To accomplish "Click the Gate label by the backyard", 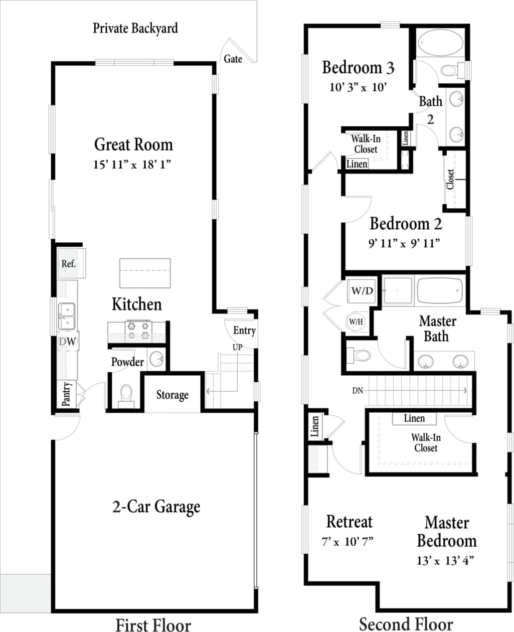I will pyautogui.click(x=233, y=59).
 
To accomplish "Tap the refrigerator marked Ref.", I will pyautogui.click(x=69, y=263).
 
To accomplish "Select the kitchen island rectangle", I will pyautogui.click(x=145, y=273).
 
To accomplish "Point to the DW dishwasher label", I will pyautogui.click(x=68, y=341).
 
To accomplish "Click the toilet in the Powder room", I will pyautogui.click(x=126, y=395).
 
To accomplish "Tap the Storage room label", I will pyautogui.click(x=172, y=395).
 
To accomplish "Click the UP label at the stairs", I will pyautogui.click(x=237, y=347).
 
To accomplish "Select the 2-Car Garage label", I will pyautogui.click(x=156, y=507).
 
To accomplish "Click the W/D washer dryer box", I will pyautogui.click(x=362, y=291).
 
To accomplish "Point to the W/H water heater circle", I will pyautogui.click(x=356, y=322).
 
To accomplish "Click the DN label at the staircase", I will pyautogui.click(x=357, y=391).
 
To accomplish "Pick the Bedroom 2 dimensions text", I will pyautogui.click(x=404, y=243).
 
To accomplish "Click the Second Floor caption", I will pyautogui.click(x=406, y=624).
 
